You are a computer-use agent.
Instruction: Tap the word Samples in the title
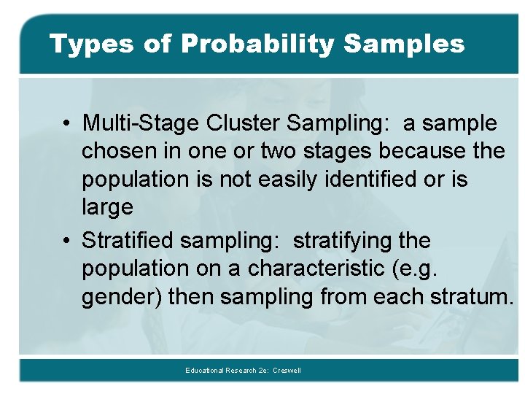pyautogui.click(x=403, y=45)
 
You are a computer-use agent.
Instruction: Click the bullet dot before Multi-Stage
pyautogui.click(x=66, y=124)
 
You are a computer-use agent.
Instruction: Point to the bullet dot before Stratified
pyautogui.click(x=66, y=241)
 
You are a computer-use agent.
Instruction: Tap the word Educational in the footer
pyautogui.click(x=206, y=371)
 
